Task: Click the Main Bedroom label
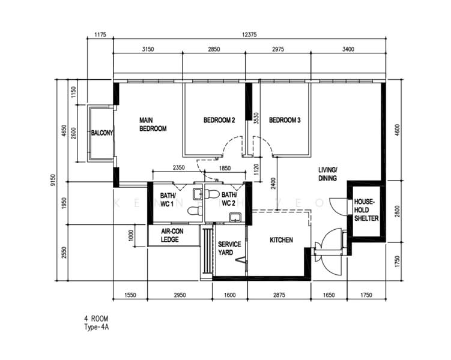point(153,124)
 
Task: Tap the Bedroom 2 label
point(219,120)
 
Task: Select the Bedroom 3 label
point(285,120)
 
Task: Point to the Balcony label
point(102,133)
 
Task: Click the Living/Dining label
point(328,174)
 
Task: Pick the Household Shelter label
point(366,210)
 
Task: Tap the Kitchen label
point(281,240)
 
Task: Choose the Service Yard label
point(229,248)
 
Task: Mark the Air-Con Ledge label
point(172,235)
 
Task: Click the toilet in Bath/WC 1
point(195,211)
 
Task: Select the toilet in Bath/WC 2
point(212,194)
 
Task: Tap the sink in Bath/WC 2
point(235,217)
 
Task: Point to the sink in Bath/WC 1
point(198,194)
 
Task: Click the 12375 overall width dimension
point(249,35)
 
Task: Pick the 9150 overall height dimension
point(53,180)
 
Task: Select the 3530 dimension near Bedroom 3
point(256,118)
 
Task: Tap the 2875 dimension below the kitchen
point(279,295)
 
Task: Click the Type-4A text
point(96,327)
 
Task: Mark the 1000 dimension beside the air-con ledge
point(131,236)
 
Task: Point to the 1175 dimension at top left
point(100,35)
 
